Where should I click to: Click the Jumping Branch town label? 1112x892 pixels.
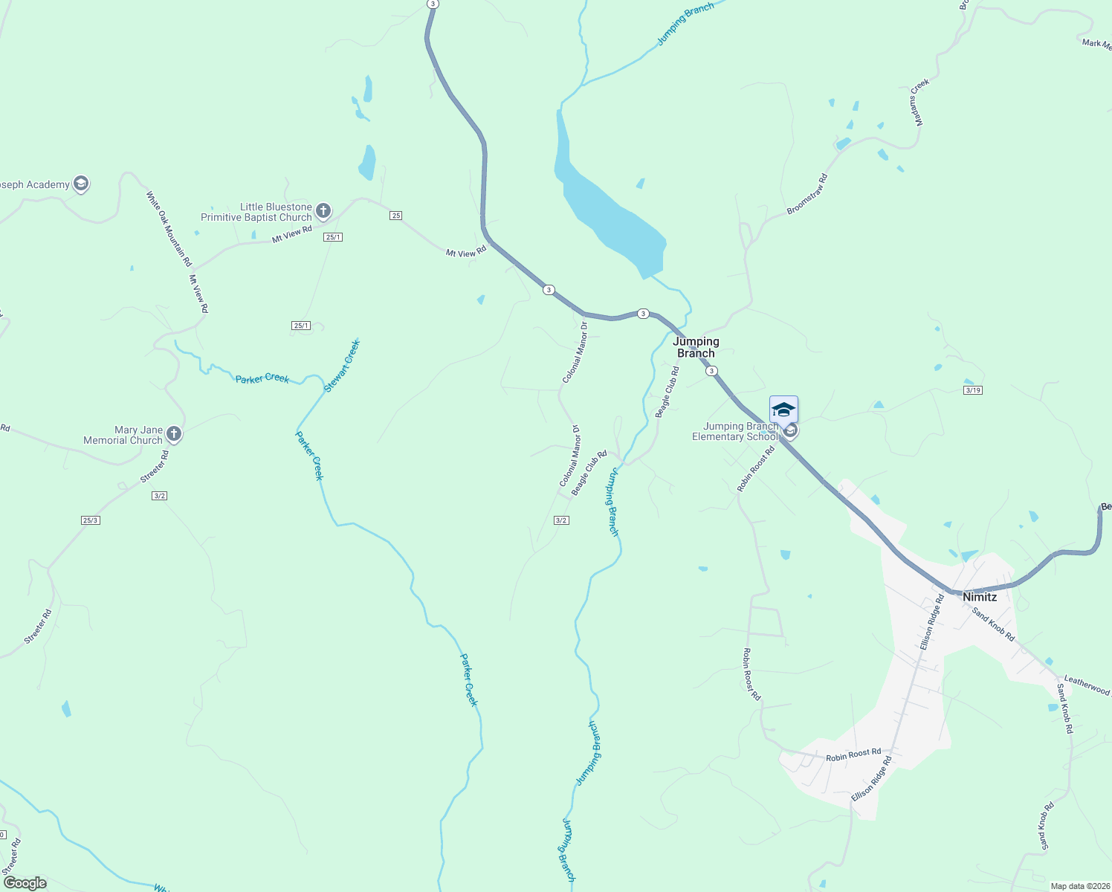point(696,347)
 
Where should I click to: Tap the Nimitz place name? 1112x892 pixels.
point(979,597)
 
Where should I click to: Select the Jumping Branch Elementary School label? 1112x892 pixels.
point(734,432)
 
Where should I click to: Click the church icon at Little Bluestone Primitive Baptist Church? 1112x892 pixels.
point(323,211)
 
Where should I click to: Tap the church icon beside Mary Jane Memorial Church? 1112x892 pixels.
point(173,434)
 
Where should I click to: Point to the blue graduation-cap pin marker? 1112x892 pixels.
point(783,410)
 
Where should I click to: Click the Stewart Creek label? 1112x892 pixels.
point(342,366)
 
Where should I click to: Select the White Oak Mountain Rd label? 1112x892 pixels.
point(169,229)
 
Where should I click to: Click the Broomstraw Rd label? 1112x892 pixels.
point(807,194)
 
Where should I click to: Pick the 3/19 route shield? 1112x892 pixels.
point(972,390)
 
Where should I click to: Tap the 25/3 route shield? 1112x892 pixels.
point(90,520)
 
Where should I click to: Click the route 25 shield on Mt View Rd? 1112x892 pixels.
point(395,216)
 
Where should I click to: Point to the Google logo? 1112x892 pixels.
point(25,883)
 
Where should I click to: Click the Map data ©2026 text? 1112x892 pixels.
point(1079,886)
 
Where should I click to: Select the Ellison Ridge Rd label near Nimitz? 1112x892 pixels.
point(931,622)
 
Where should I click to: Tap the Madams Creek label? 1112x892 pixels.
point(919,102)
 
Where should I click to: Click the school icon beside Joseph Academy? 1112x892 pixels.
point(81,184)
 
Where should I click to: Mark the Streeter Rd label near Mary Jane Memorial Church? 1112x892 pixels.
point(154,467)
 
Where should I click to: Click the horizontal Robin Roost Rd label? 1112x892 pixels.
point(853,754)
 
